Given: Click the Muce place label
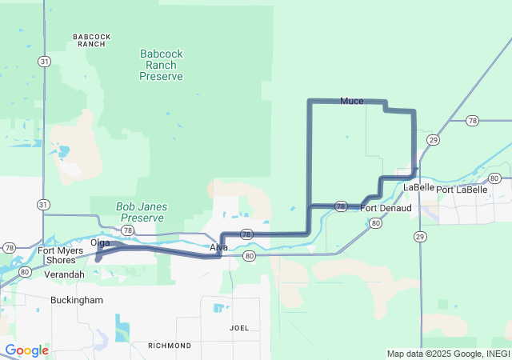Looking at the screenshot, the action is [x=351, y=101].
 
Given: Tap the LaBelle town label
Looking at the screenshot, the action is [x=418, y=187].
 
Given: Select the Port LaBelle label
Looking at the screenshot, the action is [x=462, y=190].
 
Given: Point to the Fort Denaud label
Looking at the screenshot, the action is [x=386, y=209].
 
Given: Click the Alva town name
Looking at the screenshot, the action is [x=218, y=248].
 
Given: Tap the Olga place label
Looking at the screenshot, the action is [x=100, y=242].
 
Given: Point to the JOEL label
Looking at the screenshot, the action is [x=239, y=328].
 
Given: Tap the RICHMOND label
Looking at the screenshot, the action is [x=169, y=346].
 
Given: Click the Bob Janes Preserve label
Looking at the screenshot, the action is [x=141, y=212].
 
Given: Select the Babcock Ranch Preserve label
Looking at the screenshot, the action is [x=161, y=65].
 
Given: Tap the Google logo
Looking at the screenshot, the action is [x=26, y=350].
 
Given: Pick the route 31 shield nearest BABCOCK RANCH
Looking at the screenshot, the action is [x=44, y=61].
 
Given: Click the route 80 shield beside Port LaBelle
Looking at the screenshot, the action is [x=494, y=178].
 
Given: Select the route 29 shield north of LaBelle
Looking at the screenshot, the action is [x=433, y=140].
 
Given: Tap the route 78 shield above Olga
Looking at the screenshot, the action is [x=126, y=230].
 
